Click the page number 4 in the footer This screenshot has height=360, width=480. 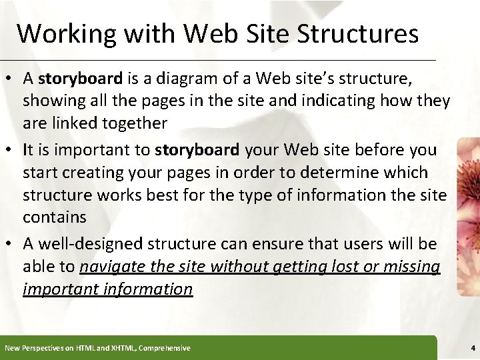tap(471, 348)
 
